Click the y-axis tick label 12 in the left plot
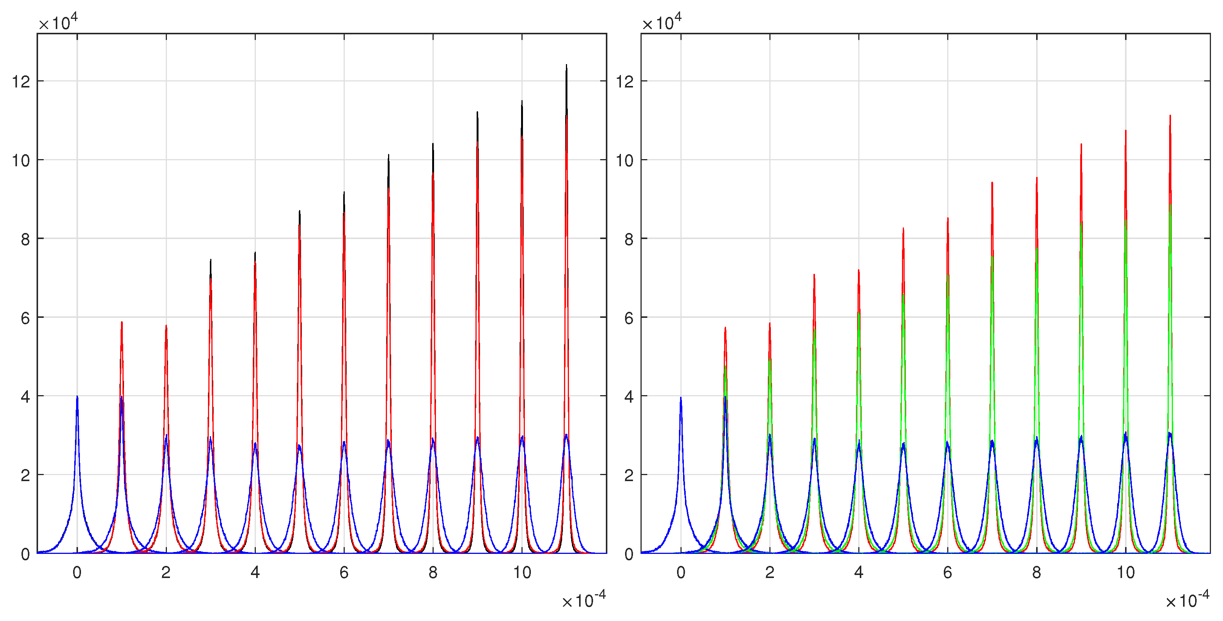(x=21, y=82)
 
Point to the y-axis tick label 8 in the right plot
(x=629, y=239)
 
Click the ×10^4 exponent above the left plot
(x=58, y=22)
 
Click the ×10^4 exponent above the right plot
(x=662, y=22)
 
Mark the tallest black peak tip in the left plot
(x=566, y=66)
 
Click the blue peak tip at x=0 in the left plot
(x=77, y=397)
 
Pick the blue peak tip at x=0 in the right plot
(x=681, y=398)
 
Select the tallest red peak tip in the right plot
(x=1170, y=115)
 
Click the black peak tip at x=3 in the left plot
(x=210, y=260)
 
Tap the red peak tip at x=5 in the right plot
(x=903, y=228)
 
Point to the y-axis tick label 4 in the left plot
(x=25, y=397)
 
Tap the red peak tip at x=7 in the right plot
(x=992, y=183)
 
